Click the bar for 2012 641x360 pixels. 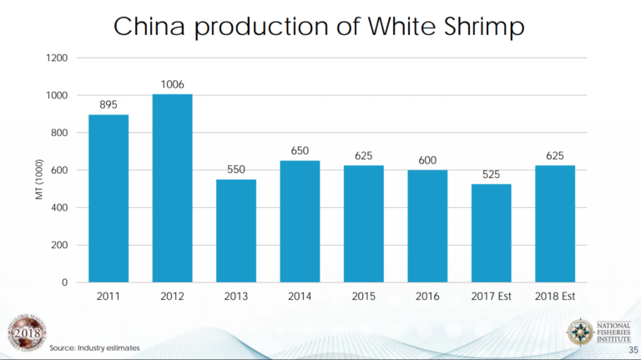(x=172, y=188)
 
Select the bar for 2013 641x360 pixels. (x=236, y=231)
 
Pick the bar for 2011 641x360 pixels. (x=109, y=198)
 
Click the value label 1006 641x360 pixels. (x=172, y=84)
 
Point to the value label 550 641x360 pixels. (x=236, y=170)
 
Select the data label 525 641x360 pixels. (x=491, y=174)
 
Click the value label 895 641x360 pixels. (x=109, y=104)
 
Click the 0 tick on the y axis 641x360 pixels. (x=64, y=282)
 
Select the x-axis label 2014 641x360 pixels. (x=300, y=297)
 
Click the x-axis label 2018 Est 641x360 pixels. (x=554, y=297)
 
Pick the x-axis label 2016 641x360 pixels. (x=427, y=297)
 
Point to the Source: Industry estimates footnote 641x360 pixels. (x=94, y=347)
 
